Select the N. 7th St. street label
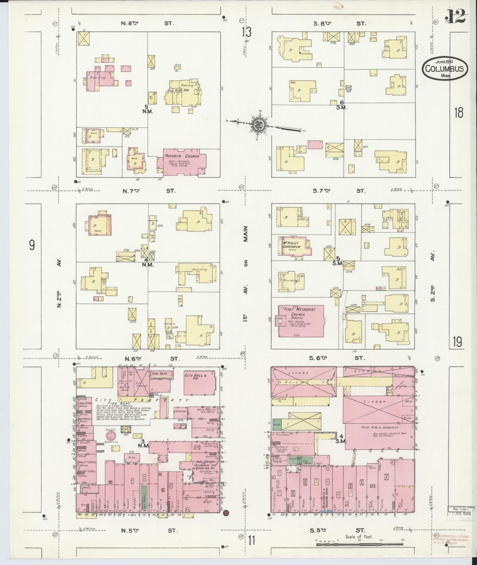coord(149,191)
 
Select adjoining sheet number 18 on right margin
coord(458,113)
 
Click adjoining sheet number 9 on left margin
coord(32,245)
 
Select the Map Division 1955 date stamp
coord(460,520)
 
